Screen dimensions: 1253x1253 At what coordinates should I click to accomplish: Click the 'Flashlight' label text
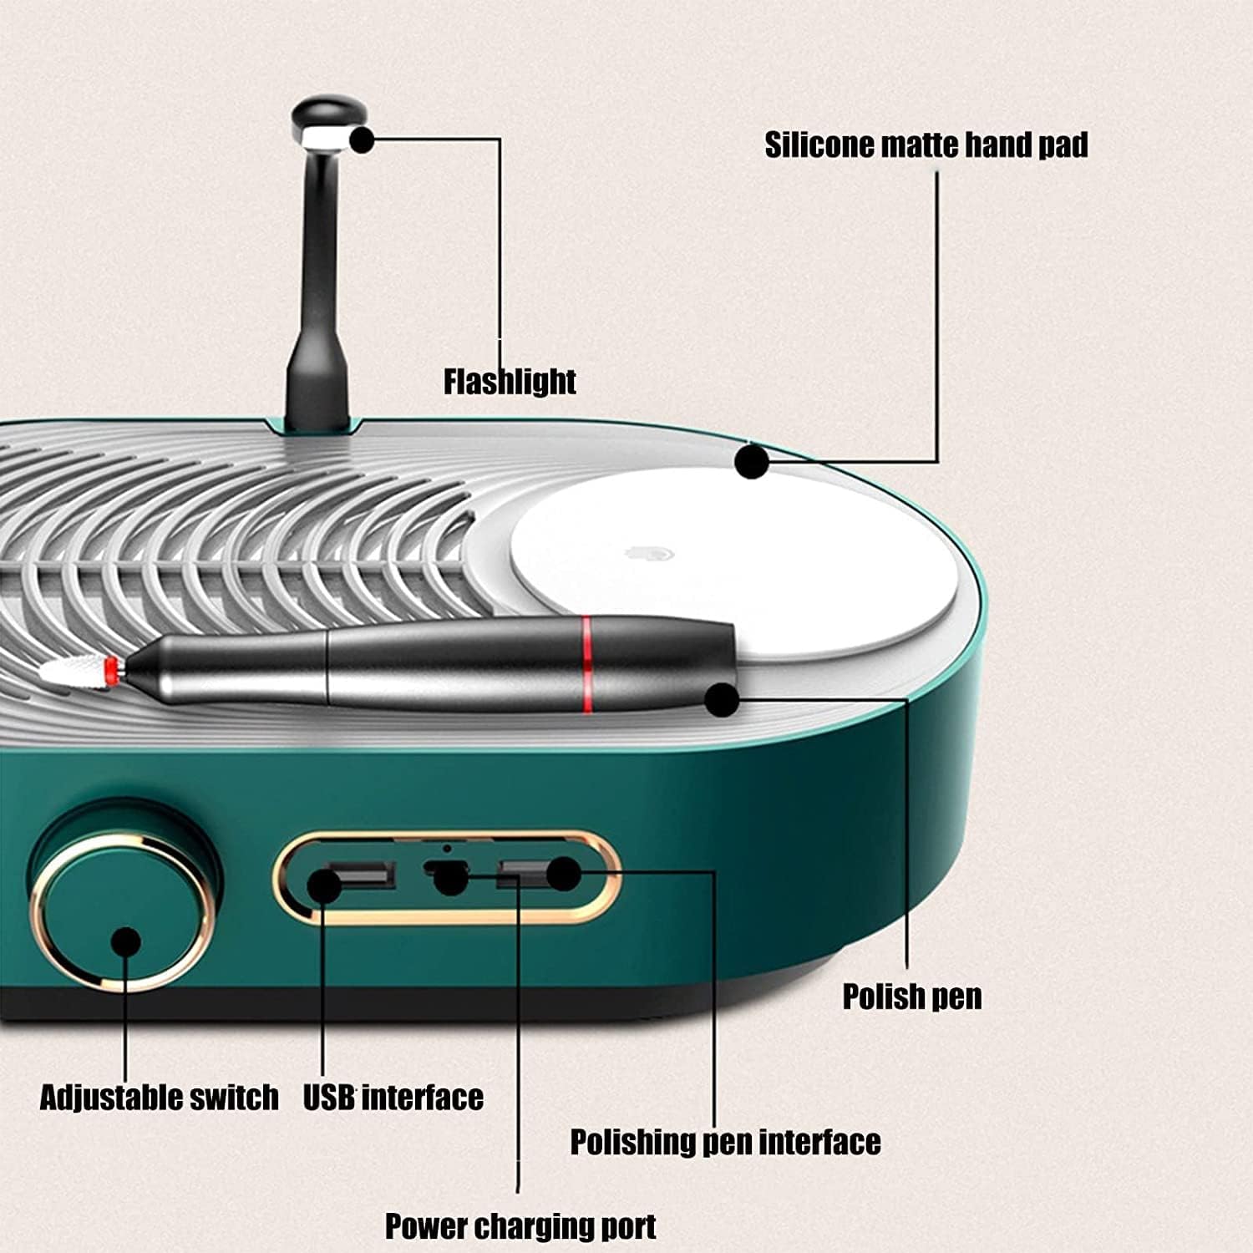click(510, 381)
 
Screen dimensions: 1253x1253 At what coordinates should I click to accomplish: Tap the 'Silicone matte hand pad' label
click(926, 145)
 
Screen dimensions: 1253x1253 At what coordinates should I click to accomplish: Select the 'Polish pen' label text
click(911, 997)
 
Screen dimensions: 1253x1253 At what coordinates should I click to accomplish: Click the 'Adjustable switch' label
click(159, 1097)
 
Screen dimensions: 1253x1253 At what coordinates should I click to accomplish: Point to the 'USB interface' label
click(393, 1097)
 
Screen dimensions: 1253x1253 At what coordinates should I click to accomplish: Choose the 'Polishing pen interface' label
click(725, 1141)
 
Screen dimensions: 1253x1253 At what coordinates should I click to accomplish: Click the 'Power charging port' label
click(520, 1226)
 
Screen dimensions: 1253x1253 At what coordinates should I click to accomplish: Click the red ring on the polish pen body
click(587, 664)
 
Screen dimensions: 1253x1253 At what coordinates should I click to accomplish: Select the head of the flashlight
click(322, 121)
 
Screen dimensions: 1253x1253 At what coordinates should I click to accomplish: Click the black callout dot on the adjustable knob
click(125, 941)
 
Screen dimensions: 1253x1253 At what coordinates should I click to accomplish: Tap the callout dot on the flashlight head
click(362, 140)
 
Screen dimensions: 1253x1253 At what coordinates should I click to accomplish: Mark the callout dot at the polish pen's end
click(722, 699)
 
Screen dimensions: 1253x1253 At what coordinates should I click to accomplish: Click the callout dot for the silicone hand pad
click(751, 461)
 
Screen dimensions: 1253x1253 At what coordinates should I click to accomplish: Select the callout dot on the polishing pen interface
click(563, 874)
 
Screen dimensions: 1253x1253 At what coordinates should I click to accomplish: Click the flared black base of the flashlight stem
click(317, 393)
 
